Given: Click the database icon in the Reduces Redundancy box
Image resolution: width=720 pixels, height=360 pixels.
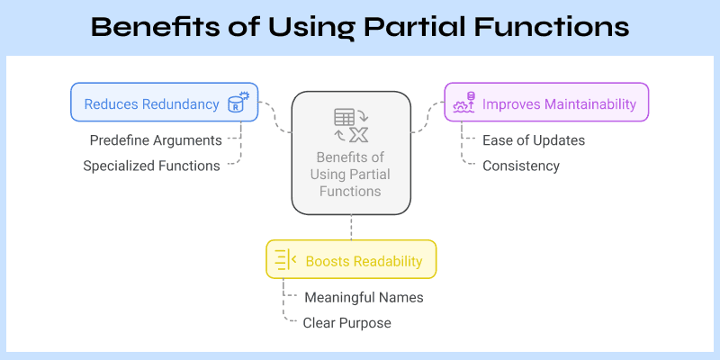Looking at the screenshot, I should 238,103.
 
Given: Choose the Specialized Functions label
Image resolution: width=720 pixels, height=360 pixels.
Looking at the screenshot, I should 150,166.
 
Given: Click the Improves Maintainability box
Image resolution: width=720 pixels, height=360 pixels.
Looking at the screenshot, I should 546,103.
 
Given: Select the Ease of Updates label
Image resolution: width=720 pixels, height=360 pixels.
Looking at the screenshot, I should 534,140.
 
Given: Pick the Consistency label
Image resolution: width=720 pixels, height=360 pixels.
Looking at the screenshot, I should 521,166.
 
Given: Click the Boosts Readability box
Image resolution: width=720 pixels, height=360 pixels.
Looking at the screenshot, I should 351,260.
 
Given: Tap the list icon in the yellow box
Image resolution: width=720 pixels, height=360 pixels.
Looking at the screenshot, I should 284,260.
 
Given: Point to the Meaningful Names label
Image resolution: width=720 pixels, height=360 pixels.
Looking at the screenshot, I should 364,297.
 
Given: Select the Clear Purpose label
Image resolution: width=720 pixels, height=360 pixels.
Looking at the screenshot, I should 346,322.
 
